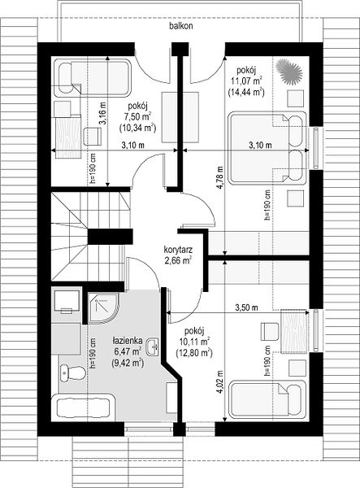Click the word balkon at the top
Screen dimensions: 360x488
click(x=181, y=26)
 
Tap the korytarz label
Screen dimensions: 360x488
click(x=178, y=250)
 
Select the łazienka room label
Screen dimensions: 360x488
click(x=128, y=341)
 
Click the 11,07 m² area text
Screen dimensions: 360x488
click(x=246, y=81)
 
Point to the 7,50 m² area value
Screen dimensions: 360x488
click(x=137, y=116)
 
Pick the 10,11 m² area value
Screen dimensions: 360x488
click(x=194, y=342)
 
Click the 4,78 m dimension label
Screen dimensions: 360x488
click(x=220, y=177)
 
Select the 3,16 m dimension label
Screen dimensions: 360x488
click(x=102, y=113)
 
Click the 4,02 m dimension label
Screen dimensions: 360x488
click(x=220, y=382)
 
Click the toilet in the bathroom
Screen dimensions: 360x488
click(x=72, y=373)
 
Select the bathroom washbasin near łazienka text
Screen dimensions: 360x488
click(x=153, y=346)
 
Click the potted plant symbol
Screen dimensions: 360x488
click(x=289, y=72)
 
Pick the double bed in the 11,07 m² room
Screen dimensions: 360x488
click(x=267, y=148)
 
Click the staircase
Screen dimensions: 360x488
click(x=90, y=237)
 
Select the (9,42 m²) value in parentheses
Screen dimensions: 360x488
click(x=128, y=363)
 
